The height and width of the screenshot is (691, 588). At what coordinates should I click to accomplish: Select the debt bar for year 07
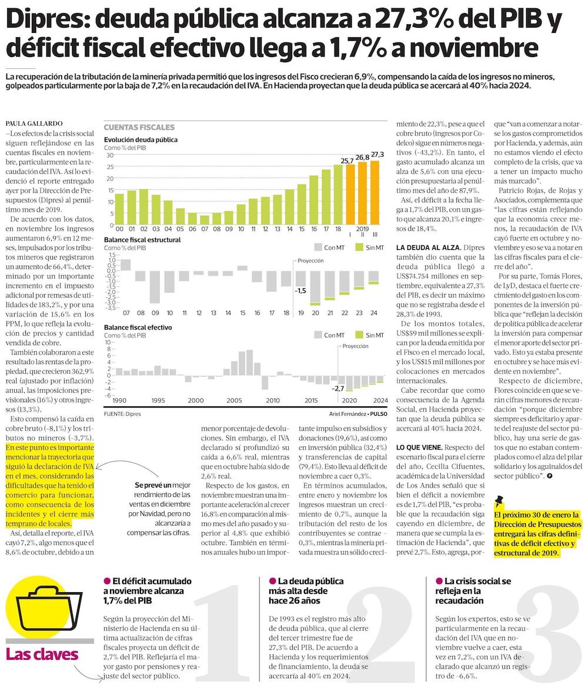205,220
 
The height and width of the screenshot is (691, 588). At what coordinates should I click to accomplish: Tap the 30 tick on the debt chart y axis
109,155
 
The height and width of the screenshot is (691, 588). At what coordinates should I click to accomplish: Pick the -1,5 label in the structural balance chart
300,291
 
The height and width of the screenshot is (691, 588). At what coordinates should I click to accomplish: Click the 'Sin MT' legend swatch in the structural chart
360,248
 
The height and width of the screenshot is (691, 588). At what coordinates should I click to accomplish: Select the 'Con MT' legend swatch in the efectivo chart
318,335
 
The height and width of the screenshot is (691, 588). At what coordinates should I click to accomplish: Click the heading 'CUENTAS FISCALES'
139,127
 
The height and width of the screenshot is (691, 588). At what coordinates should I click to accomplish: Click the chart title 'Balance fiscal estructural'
142,240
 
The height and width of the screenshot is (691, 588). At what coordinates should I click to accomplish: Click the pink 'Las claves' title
42,654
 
